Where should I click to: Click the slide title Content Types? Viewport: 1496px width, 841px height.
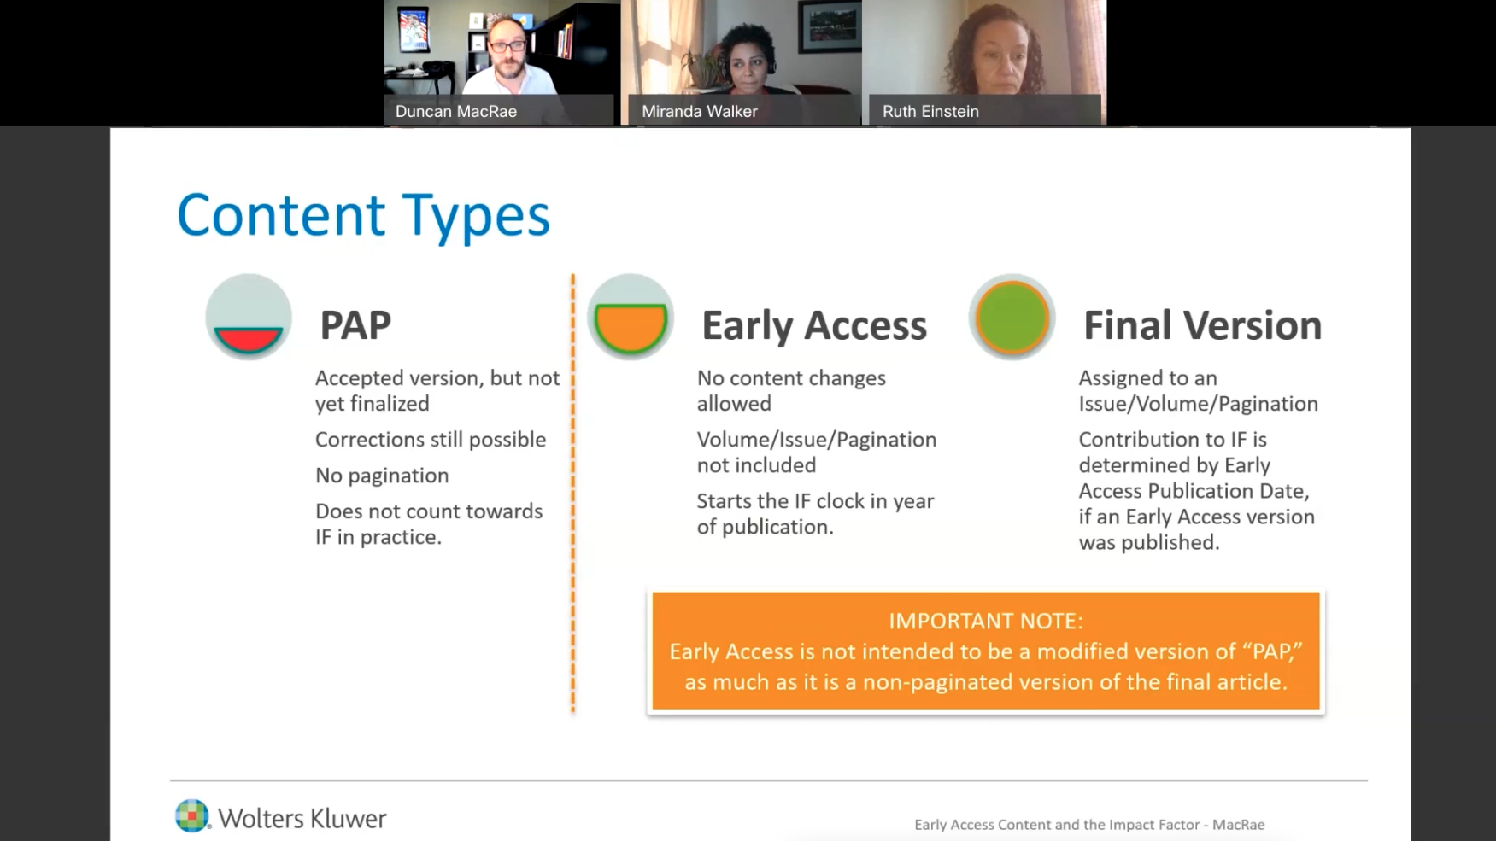(363, 215)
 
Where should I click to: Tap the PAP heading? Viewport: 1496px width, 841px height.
(355, 325)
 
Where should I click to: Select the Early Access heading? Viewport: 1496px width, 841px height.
(814, 325)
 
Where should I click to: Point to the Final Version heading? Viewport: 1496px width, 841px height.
(1202, 325)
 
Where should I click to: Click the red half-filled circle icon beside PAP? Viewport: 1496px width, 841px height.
(249, 318)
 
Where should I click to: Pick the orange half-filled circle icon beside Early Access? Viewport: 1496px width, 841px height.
(631, 318)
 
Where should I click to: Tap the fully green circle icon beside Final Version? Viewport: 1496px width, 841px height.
(1012, 318)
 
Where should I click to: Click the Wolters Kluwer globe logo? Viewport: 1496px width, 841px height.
(192, 815)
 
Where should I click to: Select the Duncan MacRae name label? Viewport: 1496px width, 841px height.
(456, 111)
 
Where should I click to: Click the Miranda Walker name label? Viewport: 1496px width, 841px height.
(700, 111)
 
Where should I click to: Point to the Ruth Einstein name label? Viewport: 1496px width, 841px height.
(930, 111)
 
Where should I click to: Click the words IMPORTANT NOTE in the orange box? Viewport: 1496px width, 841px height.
(986, 621)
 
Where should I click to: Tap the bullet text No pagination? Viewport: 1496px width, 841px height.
(382, 476)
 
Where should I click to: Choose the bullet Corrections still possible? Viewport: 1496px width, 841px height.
(431, 440)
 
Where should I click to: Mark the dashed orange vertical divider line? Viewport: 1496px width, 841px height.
(573, 493)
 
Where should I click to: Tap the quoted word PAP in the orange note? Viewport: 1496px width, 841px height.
(1271, 651)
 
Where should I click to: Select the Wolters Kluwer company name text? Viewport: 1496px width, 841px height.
(302, 818)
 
